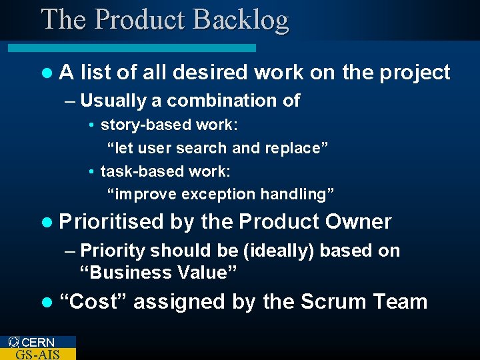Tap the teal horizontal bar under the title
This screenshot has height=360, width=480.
coord(132,48)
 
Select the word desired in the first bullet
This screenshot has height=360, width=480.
coord(209,72)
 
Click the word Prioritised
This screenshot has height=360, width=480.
coord(111,221)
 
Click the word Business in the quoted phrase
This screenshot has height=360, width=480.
coord(125,273)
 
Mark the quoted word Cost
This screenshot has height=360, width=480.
coord(93,301)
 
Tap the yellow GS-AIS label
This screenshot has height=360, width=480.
coord(37,354)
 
